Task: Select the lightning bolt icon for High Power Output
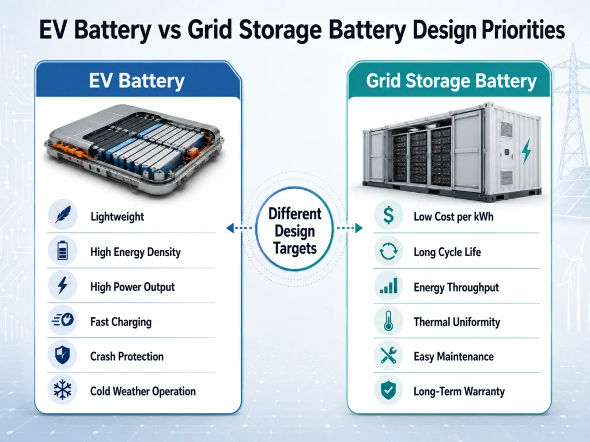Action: click(62, 285)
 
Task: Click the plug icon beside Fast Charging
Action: click(63, 320)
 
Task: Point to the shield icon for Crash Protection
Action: click(62, 355)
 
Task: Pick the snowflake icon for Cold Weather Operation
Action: click(62, 390)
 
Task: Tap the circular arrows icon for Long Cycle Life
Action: click(388, 251)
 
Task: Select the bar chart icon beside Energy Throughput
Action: click(388, 286)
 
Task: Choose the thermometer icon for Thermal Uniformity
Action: click(388, 321)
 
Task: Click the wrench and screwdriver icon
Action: click(388, 355)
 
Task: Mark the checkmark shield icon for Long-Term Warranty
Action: click(388, 390)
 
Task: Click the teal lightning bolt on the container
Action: click(526, 151)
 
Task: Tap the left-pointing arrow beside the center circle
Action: click(239, 228)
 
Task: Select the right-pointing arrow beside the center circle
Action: click(350, 228)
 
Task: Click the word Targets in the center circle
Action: click(294, 249)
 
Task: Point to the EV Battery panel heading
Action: click(137, 81)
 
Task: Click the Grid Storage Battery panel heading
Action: click(451, 81)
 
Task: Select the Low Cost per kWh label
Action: click(453, 216)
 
